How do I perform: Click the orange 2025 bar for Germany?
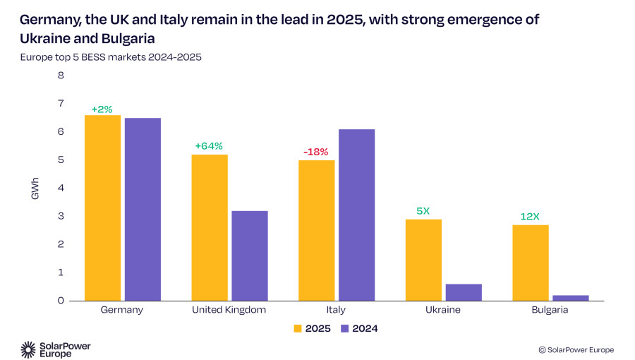tap(102, 208)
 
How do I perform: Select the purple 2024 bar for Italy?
tap(357, 215)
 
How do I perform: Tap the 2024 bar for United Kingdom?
tap(250, 256)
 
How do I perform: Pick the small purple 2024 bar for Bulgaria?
tap(571, 298)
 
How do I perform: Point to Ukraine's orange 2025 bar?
tap(423, 260)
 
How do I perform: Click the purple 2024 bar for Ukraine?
tap(464, 292)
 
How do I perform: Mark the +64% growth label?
tap(209, 146)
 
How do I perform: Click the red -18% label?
tap(316, 152)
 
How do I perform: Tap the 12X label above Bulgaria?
tap(530, 217)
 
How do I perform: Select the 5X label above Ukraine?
tap(423, 211)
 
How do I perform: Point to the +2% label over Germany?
tap(102, 109)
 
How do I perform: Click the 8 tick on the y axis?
tap(61, 76)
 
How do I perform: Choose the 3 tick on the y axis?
tap(61, 216)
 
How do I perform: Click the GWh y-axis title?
tap(35, 188)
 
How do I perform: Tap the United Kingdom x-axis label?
tap(229, 310)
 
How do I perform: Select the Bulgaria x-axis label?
tap(550, 310)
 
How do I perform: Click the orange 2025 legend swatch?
tap(298, 328)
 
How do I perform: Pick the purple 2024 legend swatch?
tap(344, 328)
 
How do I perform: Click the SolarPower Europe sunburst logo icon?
tap(28, 349)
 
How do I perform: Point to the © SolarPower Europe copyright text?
tap(576, 350)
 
